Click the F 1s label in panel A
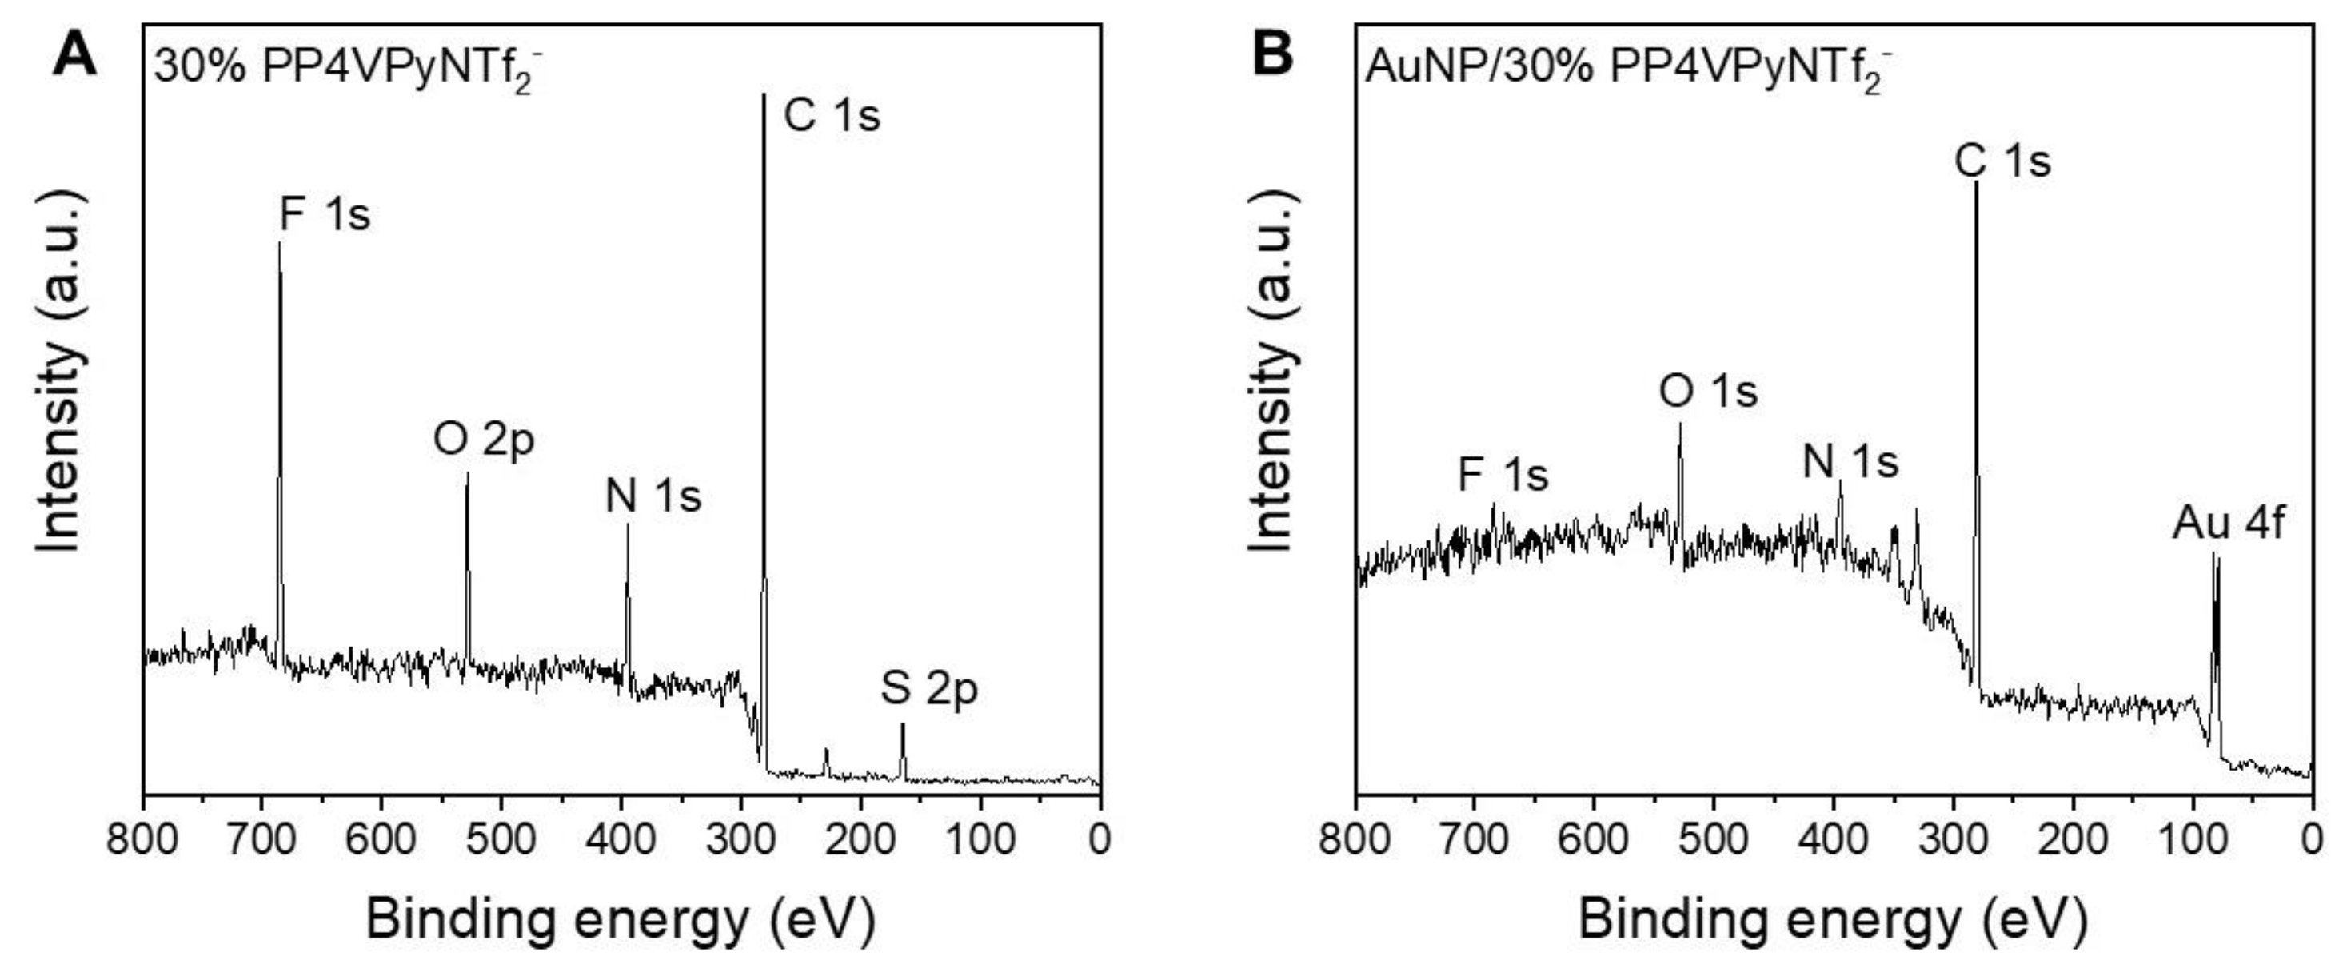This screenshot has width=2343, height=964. (325, 216)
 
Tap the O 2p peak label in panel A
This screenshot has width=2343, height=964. (483, 440)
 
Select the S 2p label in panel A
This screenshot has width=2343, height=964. (928, 688)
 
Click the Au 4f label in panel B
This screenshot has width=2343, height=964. (2228, 524)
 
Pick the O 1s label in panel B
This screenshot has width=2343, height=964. (1707, 392)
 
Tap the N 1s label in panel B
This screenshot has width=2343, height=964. (1850, 462)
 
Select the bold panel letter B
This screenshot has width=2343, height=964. (1272, 54)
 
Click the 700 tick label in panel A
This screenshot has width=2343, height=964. (263, 839)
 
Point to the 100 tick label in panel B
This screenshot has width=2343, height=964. (2193, 839)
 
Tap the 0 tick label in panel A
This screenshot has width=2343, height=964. (1099, 839)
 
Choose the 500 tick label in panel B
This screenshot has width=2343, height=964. (1714, 839)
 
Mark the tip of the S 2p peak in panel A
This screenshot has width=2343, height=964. (902, 725)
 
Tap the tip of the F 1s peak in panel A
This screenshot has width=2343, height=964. (279, 243)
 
